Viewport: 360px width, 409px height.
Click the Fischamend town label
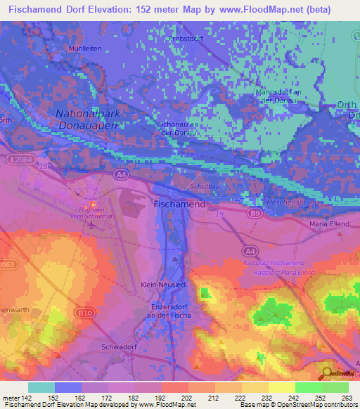[x=179, y=204]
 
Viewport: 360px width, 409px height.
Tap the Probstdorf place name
[x=186, y=39]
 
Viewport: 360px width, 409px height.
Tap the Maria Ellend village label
[x=329, y=224]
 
